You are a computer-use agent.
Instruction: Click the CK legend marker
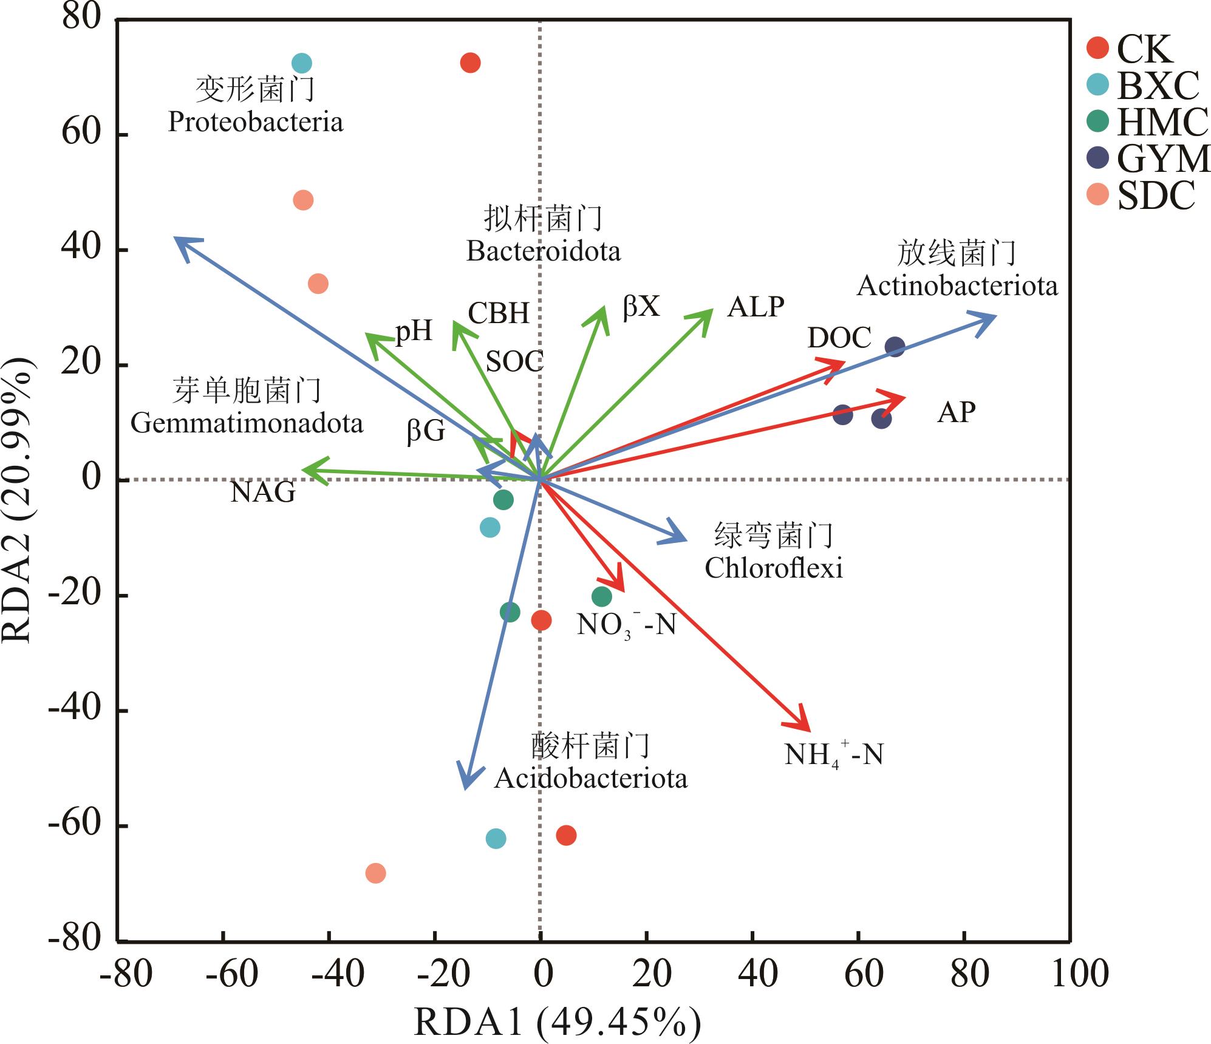coord(1098,47)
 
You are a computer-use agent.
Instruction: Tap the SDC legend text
coord(1156,196)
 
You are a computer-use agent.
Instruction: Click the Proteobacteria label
coord(256,122)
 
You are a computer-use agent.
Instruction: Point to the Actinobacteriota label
coord(957,286)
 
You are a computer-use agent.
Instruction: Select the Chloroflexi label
coord(774,568)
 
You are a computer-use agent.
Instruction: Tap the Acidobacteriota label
coord(591,779)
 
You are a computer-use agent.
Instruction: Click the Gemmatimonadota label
coord(247,423)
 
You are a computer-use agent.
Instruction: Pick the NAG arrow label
coord(263,492)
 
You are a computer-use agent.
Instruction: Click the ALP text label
coord(756,307)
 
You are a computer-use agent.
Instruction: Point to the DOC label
coord(839,338)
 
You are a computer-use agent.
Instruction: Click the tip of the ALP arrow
coord(711,311)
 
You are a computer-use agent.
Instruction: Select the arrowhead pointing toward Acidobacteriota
coord(465,787)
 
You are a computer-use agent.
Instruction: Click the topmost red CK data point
coord(470,63)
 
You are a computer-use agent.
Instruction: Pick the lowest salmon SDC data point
coord(375,873)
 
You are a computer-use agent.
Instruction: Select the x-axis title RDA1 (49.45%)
coord(558,1022)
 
